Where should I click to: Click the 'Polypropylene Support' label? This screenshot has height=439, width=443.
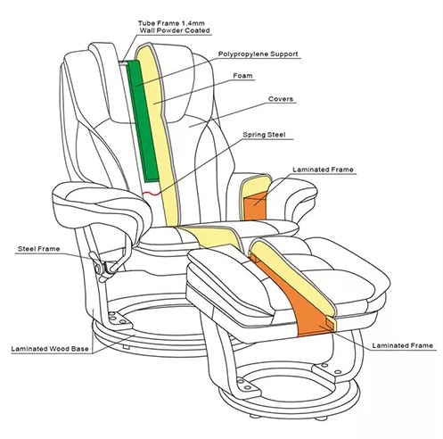coord(258,54)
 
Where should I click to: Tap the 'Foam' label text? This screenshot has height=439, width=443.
coord(242,76)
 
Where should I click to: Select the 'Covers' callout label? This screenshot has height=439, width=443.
coord(281,99)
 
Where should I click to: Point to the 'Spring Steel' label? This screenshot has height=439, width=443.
coord(264,135)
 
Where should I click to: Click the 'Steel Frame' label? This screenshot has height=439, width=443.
coord(39,249)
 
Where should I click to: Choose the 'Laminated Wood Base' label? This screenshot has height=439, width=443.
coord(50,349)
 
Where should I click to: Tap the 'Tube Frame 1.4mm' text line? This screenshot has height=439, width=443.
coord(171,23)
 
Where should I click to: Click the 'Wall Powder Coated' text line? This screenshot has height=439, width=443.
coord(175,30)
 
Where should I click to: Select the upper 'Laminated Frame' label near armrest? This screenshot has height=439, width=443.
coord(323,170)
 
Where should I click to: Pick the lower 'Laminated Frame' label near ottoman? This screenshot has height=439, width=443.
coord(403,345)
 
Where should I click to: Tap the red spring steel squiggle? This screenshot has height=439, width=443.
coord(152,194)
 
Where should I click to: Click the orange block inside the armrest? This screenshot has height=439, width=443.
coord(254,205)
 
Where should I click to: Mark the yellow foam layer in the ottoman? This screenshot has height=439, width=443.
coord(294,277)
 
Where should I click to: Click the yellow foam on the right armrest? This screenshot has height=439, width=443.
coord(256,186)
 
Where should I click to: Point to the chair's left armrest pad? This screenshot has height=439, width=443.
coord(101,205)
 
